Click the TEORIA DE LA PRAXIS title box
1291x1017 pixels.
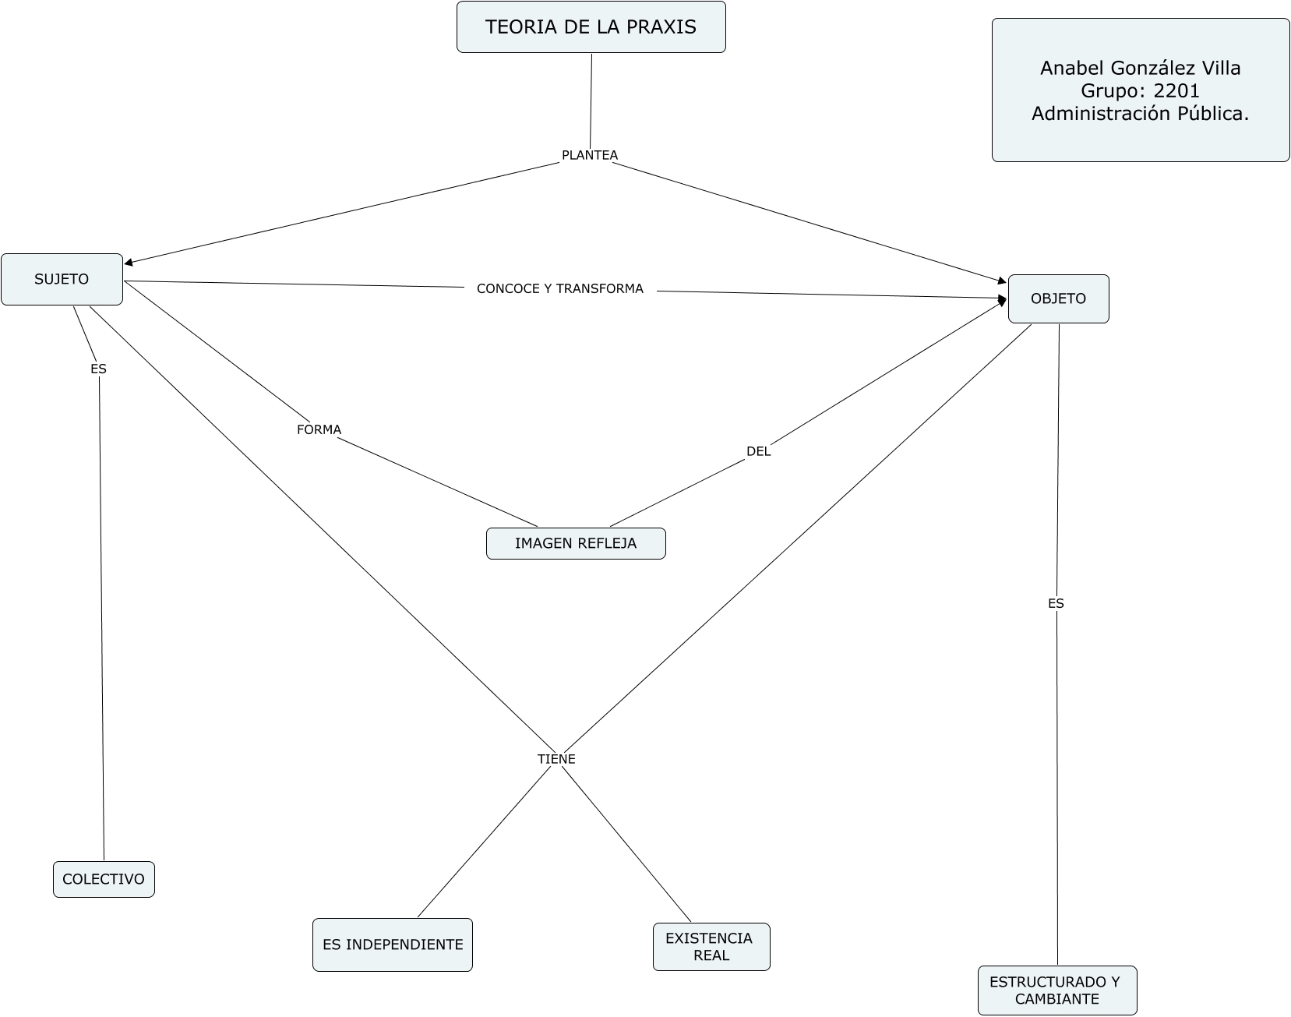pyautogui.click(x=591, y=27)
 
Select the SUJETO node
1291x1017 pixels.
pyautogui.click(x=62, y=279)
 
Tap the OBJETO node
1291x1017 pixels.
pyautogui.click(x=1058, y=298)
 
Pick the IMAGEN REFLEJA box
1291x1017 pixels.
pyautogui.click(x=576, y=543)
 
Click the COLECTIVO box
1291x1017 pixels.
pyautogui.click(x=104, y=879)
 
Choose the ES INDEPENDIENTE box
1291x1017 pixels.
pyautogui.click(x=393, y=945)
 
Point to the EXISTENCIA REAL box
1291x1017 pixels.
pyautogui.click(x=711, y=947)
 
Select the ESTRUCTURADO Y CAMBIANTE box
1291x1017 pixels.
pyautogui.click(x=1056, y=991)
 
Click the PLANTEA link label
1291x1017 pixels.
pyautogui.click(x=590, y=155)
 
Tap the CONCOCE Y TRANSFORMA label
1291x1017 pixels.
pyautogui.click(x=559, y=289)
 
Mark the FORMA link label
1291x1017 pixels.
pyautogui.click(x=319, y=429)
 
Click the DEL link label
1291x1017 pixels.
pyautogui.click(x=758, y=451)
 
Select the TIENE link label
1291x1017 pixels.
pyautogui.click(x=556, y=759)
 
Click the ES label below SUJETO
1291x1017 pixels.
pyautogui.click(x=98, y=369)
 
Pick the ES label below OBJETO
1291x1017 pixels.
pyautogui.click(x=1056, y=603)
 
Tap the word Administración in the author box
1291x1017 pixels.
pyautogui.click(x=1095, y=114)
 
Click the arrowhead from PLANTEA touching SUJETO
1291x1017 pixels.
pyautogui.click(x=129, y=263)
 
